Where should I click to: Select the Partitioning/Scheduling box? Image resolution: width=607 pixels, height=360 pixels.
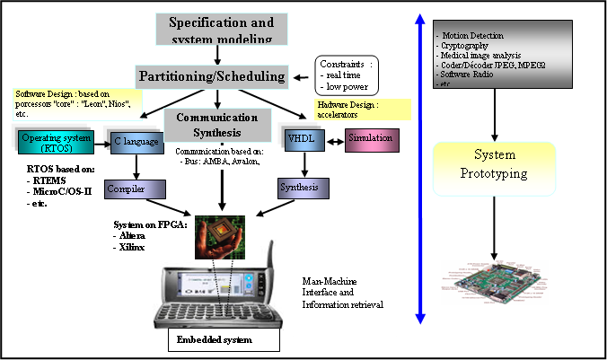(x=212, y=75)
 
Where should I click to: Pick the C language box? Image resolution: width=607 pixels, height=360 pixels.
(x=136, y=141)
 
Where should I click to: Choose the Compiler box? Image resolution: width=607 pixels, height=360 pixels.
(x=134, y=189)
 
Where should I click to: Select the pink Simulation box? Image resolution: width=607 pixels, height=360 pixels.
(x=370, y=140)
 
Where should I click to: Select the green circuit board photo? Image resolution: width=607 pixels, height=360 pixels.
(x=495, y=283)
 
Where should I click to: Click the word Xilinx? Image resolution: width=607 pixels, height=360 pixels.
(x=131, y=246)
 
